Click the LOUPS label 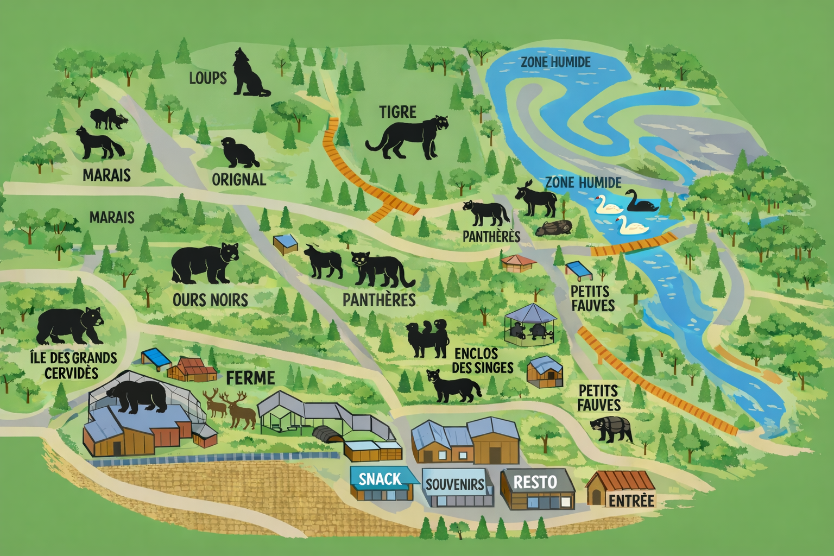pyautogui.click(x=207, y=78)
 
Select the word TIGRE pyautogui.click(x=397, y=112)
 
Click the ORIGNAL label pyautogui.click(x=239, y=180)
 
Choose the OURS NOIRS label pyautogui.click(x=210, y=300)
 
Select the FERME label pyautogui.click(x=250, y=378)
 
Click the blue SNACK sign pyautogui.click(x=380, y=479)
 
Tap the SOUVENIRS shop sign pyautogui.click(x=454, y=484)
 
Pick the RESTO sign pyautogui.click(x=535, y=482)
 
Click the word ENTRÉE pyautogui.click(x=631, y=500)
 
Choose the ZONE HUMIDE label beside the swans pyautogui.click(x=583, y=182)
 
